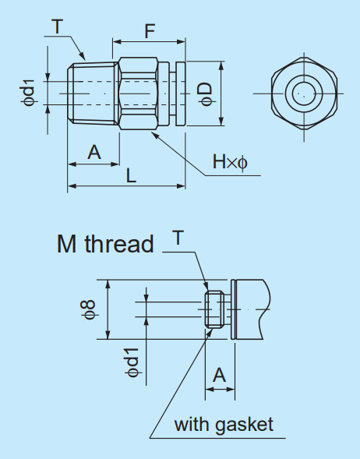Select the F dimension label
[x=148, y=32]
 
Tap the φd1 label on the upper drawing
[x=29, y=93]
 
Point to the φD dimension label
[x=205, y=92]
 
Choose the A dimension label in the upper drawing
[x=94, y=153]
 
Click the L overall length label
[x=131, y=176]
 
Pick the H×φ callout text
[x=230, y=163]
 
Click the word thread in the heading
[x=118, y=244]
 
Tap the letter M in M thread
[x=67, y=244]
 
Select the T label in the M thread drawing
[x=178, y=238]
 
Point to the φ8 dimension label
[x=90, y=310]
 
